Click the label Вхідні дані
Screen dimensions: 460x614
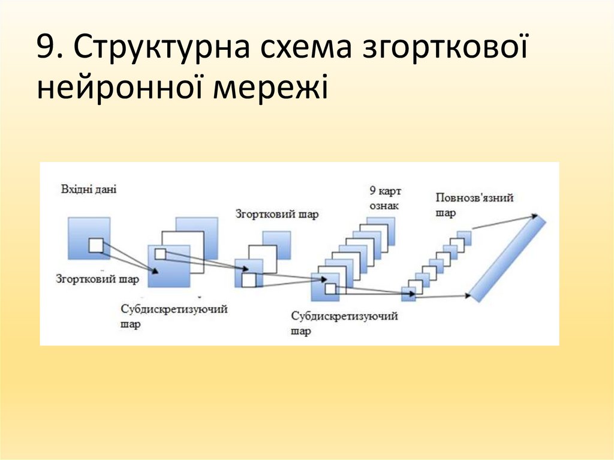point(88,190)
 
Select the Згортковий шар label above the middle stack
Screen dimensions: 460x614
point(276,214)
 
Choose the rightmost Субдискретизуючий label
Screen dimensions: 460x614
point(344,316)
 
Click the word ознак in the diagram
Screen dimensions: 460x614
point(384,206)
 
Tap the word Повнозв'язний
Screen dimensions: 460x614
point(475,198)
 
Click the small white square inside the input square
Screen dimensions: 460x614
point(96,245)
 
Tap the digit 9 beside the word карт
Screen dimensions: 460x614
point(373,191)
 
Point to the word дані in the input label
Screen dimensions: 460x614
point(105,190)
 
